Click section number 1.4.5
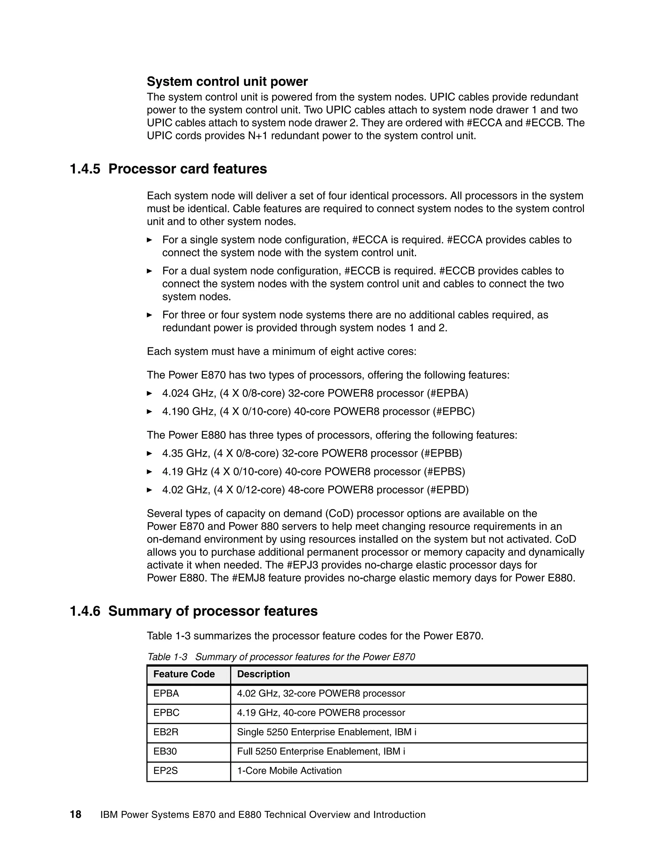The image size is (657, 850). tap(85, 169)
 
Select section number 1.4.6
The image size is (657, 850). tap(85, 611)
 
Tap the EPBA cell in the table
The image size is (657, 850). tap(166, 693)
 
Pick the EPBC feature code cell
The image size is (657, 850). tap(166, 713)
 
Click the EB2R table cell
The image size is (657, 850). tap(166, 732)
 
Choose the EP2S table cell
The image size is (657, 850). tap(166, 770)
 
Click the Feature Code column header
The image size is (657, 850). tap(184, 674)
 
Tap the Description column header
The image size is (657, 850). tap(263, 674)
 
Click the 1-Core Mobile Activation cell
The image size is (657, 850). tap(289, 770)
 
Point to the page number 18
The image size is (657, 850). tap(75, 815)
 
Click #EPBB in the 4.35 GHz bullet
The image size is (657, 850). tap(441, 454)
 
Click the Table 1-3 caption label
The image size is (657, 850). tap(167, 657)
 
